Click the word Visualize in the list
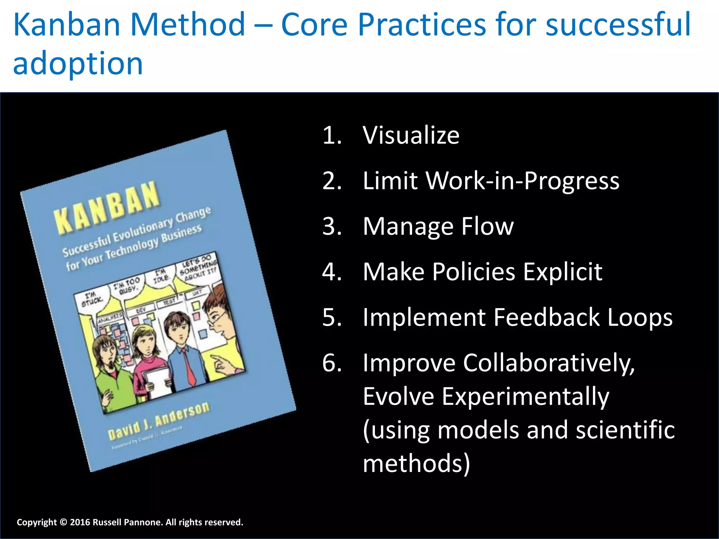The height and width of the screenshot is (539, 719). coord(411,135)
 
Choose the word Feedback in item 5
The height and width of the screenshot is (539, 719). coord(548,317)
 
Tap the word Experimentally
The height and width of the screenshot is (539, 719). coord(525,397)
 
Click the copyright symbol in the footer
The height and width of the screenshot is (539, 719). coord(63,523)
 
